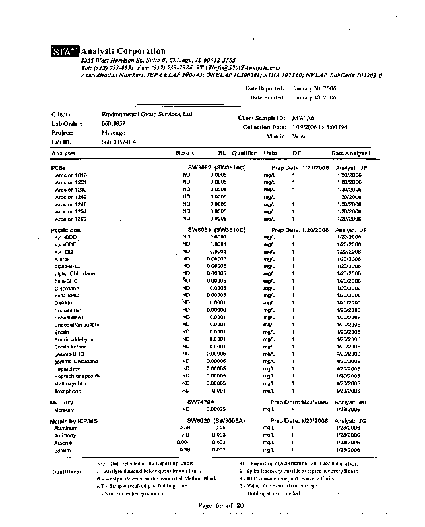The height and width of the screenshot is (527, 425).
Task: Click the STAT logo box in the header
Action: pos(65,51)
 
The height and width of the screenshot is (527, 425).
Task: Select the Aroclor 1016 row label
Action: pos(71,175)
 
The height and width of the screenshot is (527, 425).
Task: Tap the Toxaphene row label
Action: pos(68,391)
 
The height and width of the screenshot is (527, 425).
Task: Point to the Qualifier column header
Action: pos(244,153)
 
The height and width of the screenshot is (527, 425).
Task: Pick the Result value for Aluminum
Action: pos(185,428)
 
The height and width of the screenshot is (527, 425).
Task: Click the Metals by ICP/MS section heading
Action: pos(74,420)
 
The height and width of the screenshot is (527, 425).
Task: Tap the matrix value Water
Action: pos(300,136)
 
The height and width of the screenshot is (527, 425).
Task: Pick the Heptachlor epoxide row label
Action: pos(77,375)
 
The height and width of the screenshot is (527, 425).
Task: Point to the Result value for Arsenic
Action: pos(185,443)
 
